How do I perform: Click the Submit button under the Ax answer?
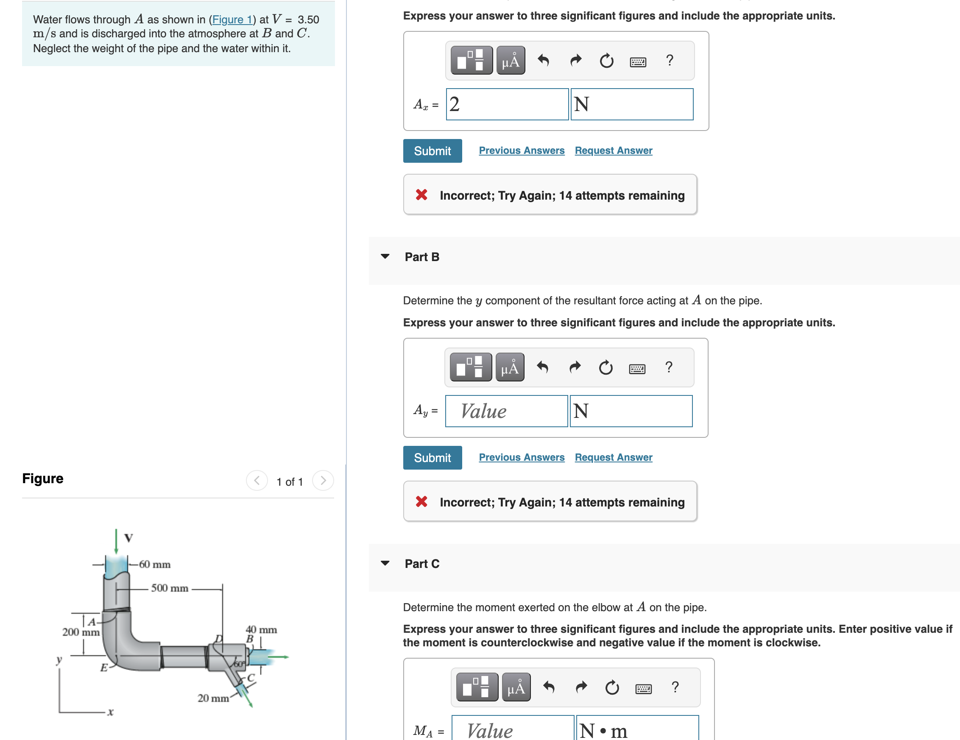(432, 151)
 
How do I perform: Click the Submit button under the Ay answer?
(432, 457)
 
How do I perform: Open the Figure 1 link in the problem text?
(232, 20)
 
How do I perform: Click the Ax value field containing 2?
(507, 104)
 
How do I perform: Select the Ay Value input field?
(506, 411)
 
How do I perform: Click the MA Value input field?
(512, 729)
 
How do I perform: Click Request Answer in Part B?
(613, 457)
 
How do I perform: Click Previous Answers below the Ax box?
(521, 150)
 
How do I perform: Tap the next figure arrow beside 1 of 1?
(323, 480)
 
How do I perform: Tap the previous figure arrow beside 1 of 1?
(257, 480)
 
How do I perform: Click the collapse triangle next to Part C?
(385, 563)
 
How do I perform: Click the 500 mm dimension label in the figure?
(170, 588)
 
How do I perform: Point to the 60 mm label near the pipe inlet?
(155, 564)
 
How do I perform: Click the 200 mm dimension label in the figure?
(81, 632)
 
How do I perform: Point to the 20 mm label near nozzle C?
(213, 698)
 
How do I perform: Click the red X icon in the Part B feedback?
(421, 502)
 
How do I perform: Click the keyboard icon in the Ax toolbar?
(638, 61)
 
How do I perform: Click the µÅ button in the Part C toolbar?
(516, 687)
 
